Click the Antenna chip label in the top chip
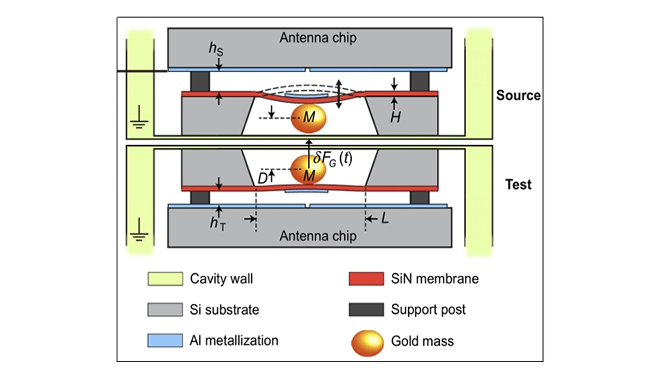coord(318,38)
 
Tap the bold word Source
coord(518,96)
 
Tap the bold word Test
coord(518,184)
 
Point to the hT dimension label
coord(218,223)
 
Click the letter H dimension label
coord(395,117)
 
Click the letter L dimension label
coord(385,219)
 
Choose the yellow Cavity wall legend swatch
coord(165,279)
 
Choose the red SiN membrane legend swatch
coord(366,279)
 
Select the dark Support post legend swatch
coord(366,310)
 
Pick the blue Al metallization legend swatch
coord(165,340)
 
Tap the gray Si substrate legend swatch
coord(165,310)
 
